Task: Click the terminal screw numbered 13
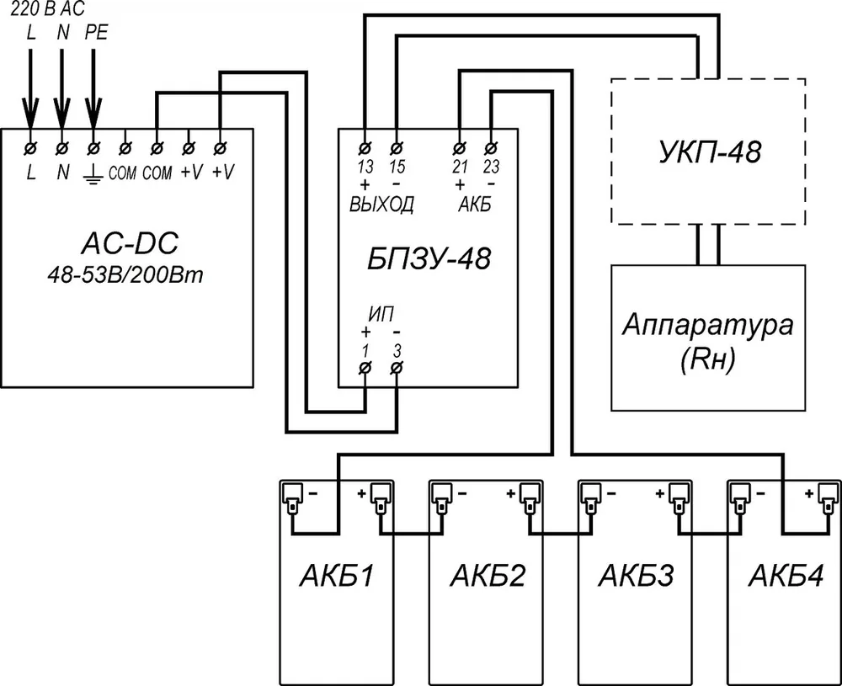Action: tap(365, 147)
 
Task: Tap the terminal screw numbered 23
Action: tap(491, 147)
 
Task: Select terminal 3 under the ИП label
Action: tap(397, 368)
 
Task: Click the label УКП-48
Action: tap(709, 152)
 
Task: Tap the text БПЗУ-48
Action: tap(429, 258)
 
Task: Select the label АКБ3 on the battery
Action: tap(636, 576)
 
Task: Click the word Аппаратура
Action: tap(708, 325)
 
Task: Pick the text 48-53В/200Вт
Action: tap(125, 276)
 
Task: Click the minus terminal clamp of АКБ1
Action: tap(293, 498)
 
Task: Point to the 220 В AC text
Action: tap(48, 8)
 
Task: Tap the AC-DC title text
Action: tap(129, 244)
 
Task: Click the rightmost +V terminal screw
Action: tap(220, 147)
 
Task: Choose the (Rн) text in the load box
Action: tap(707, 361)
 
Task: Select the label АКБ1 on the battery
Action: tap(336, 576)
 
